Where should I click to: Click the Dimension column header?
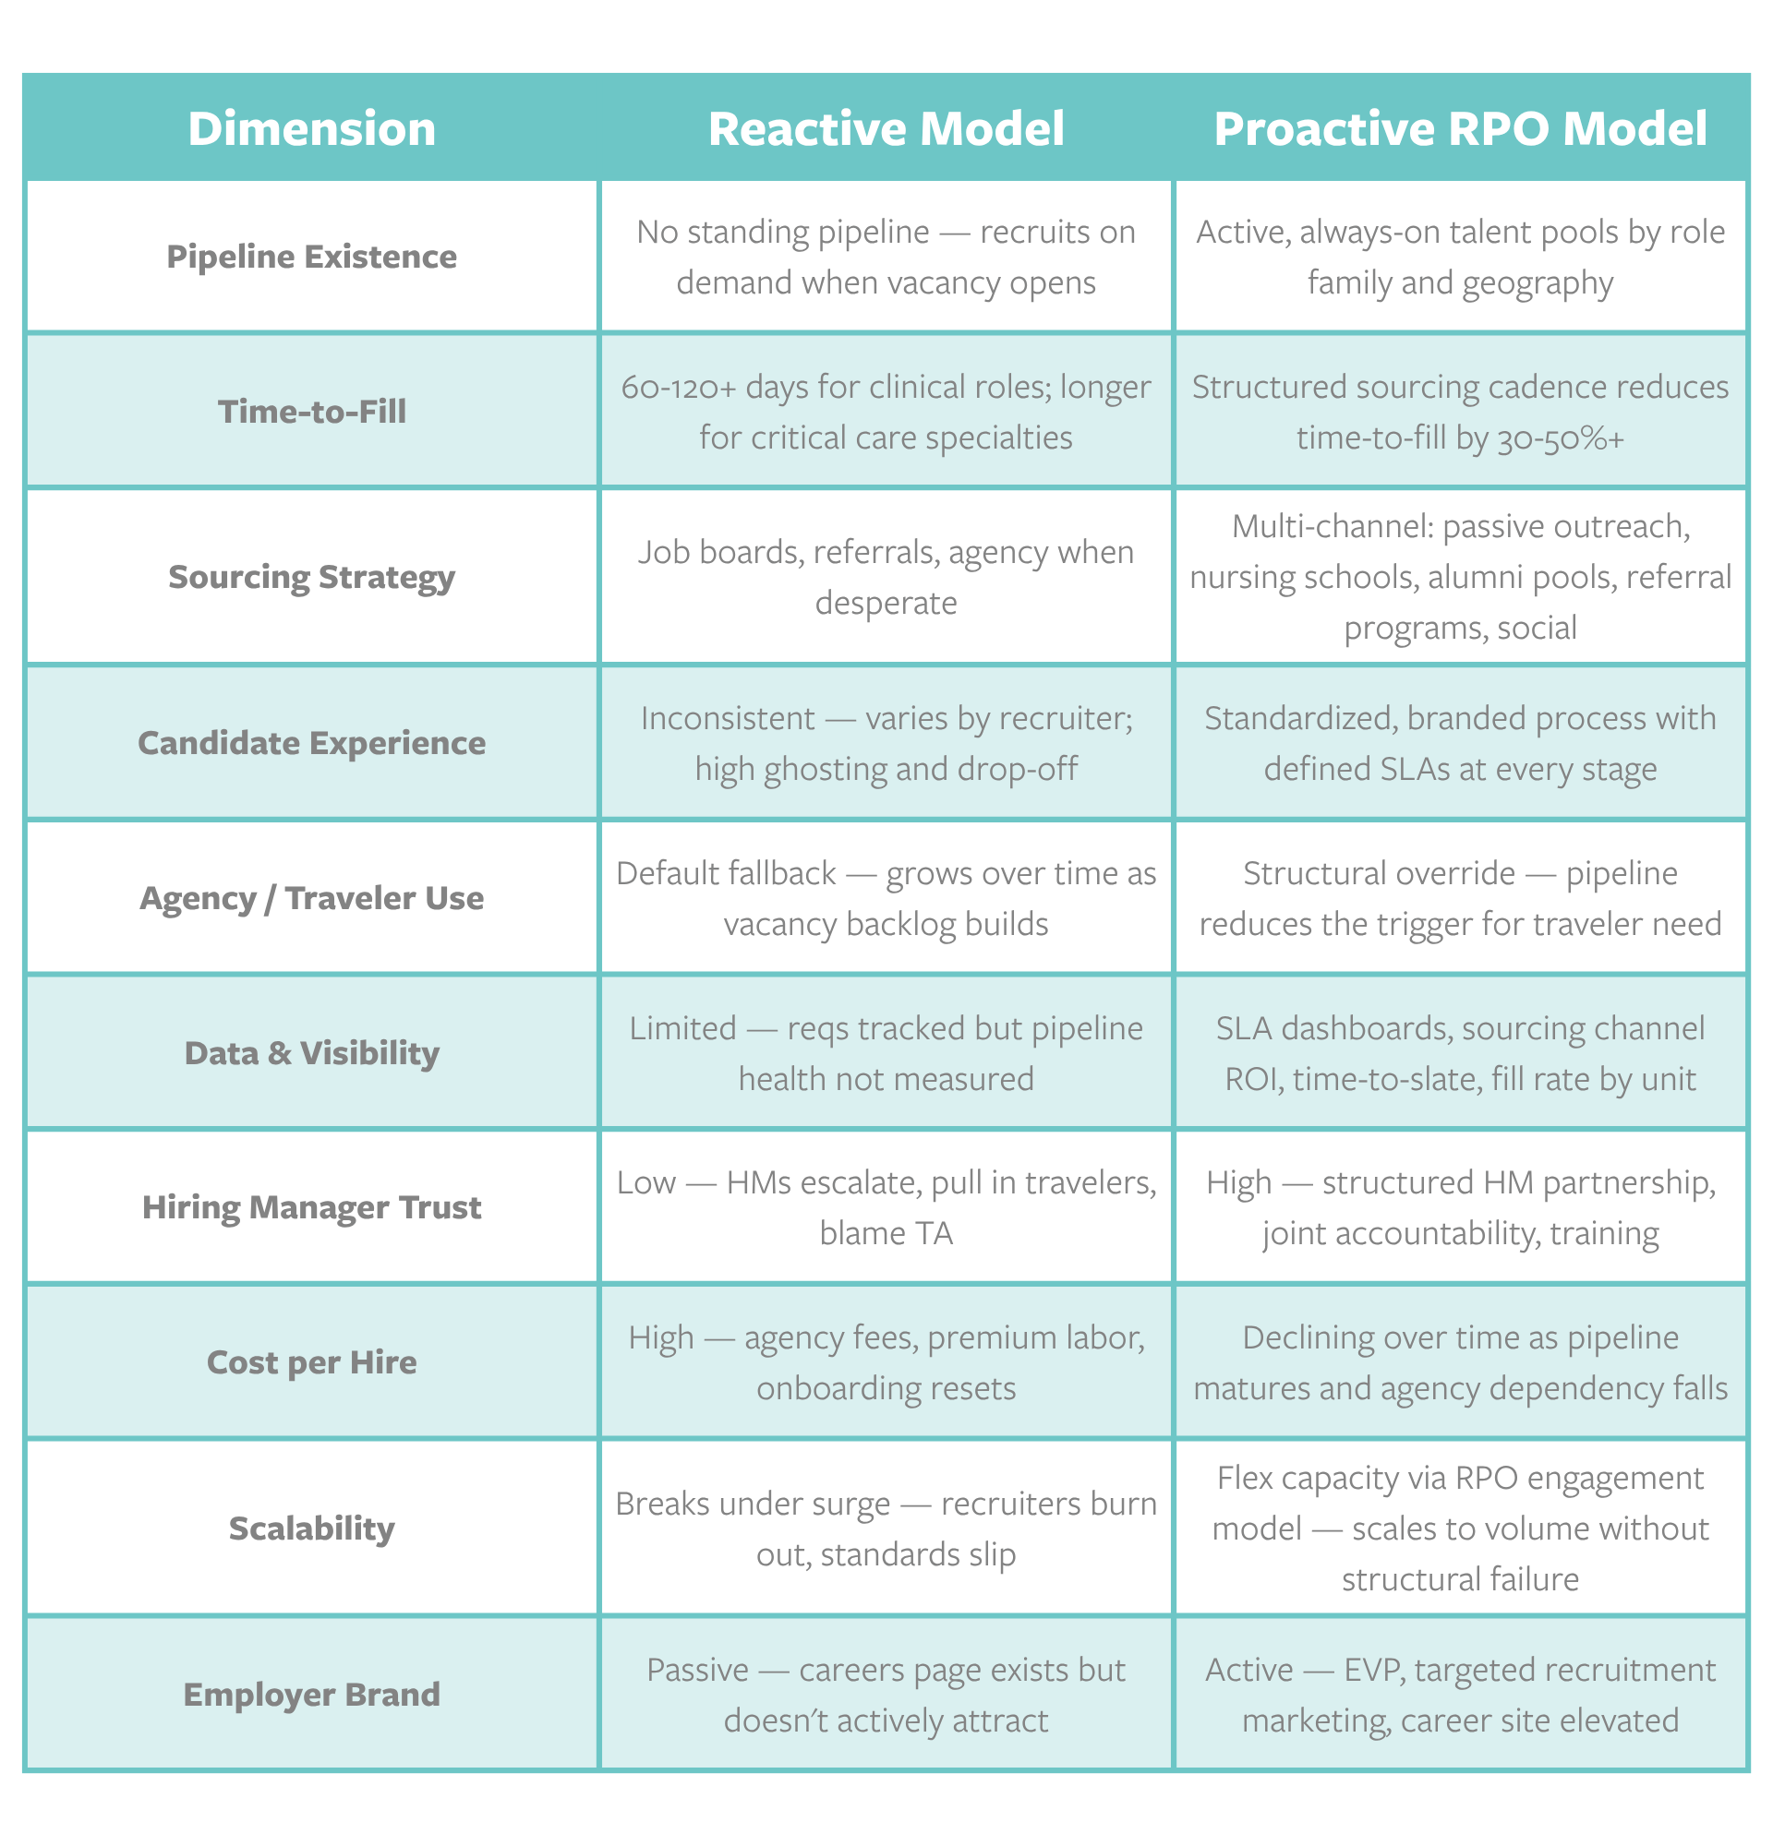[x=312, y=129]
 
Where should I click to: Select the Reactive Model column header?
[x=886, y=129]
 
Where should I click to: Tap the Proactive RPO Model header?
[x=1460, y=129]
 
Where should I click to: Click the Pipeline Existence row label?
[x=312, y=258]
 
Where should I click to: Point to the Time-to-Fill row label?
[x=312, y=412]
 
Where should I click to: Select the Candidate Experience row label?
[x=312, y=743]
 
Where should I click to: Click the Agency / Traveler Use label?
[x=312, y=897]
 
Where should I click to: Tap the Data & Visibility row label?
[x=312, y=1053]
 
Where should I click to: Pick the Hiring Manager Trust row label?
[x=312, y=1207]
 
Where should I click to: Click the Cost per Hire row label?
[x=312, y=1362]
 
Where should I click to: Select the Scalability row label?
[x=312, y=1528]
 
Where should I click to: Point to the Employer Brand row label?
[x=312, y=1695]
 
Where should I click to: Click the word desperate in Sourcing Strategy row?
[x=886, y=603]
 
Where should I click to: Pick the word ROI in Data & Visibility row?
[x=1254, y=1078]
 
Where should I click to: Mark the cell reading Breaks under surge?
[x=886, y=1528]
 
